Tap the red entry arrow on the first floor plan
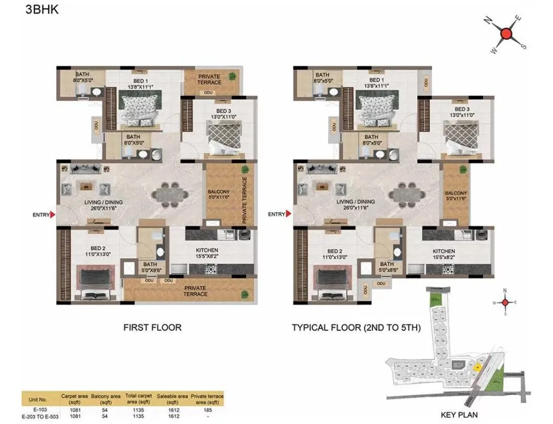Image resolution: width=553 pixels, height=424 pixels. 53,214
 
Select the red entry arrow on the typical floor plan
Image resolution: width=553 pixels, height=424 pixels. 288,214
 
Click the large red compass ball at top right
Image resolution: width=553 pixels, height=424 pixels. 505,34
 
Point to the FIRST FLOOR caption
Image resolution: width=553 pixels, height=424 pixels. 152,328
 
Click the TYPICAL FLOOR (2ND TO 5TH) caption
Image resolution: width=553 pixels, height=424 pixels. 356,328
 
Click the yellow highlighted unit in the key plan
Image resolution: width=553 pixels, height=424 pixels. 476,367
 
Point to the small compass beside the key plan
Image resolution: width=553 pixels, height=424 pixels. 504,302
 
